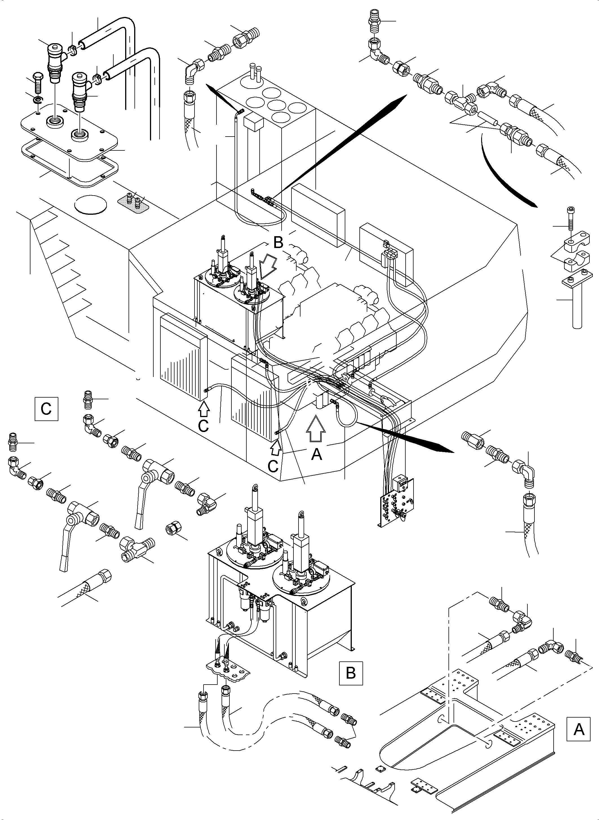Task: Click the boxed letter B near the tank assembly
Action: [x=351, y=673]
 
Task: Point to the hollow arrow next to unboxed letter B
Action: [x=267, y=266]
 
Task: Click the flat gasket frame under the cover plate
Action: [x=69, y=165]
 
